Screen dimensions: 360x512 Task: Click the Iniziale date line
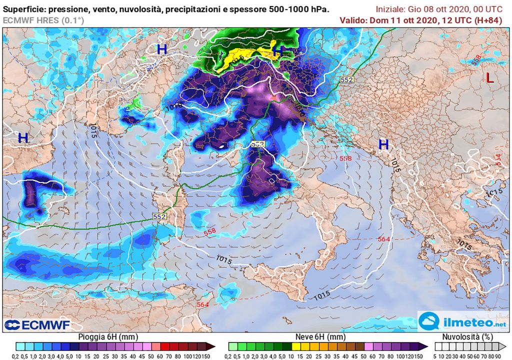pyautogui.click(x=442, y=8)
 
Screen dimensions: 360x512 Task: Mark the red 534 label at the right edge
pyautogui.click(x=498, y=159)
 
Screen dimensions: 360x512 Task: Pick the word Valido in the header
pyautogui.click(x=352, y=20)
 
